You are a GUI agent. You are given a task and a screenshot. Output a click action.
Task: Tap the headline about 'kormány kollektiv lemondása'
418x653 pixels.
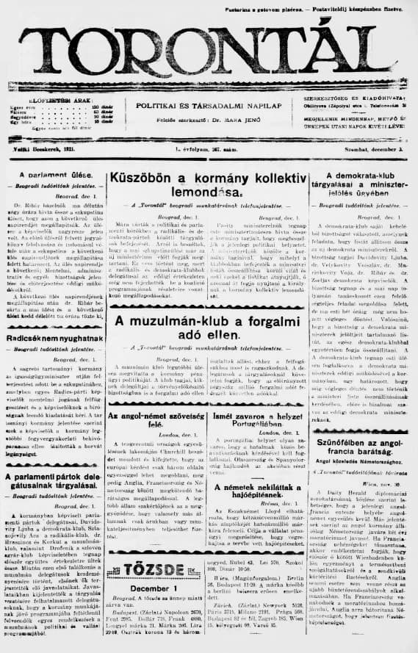(208, 185)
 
